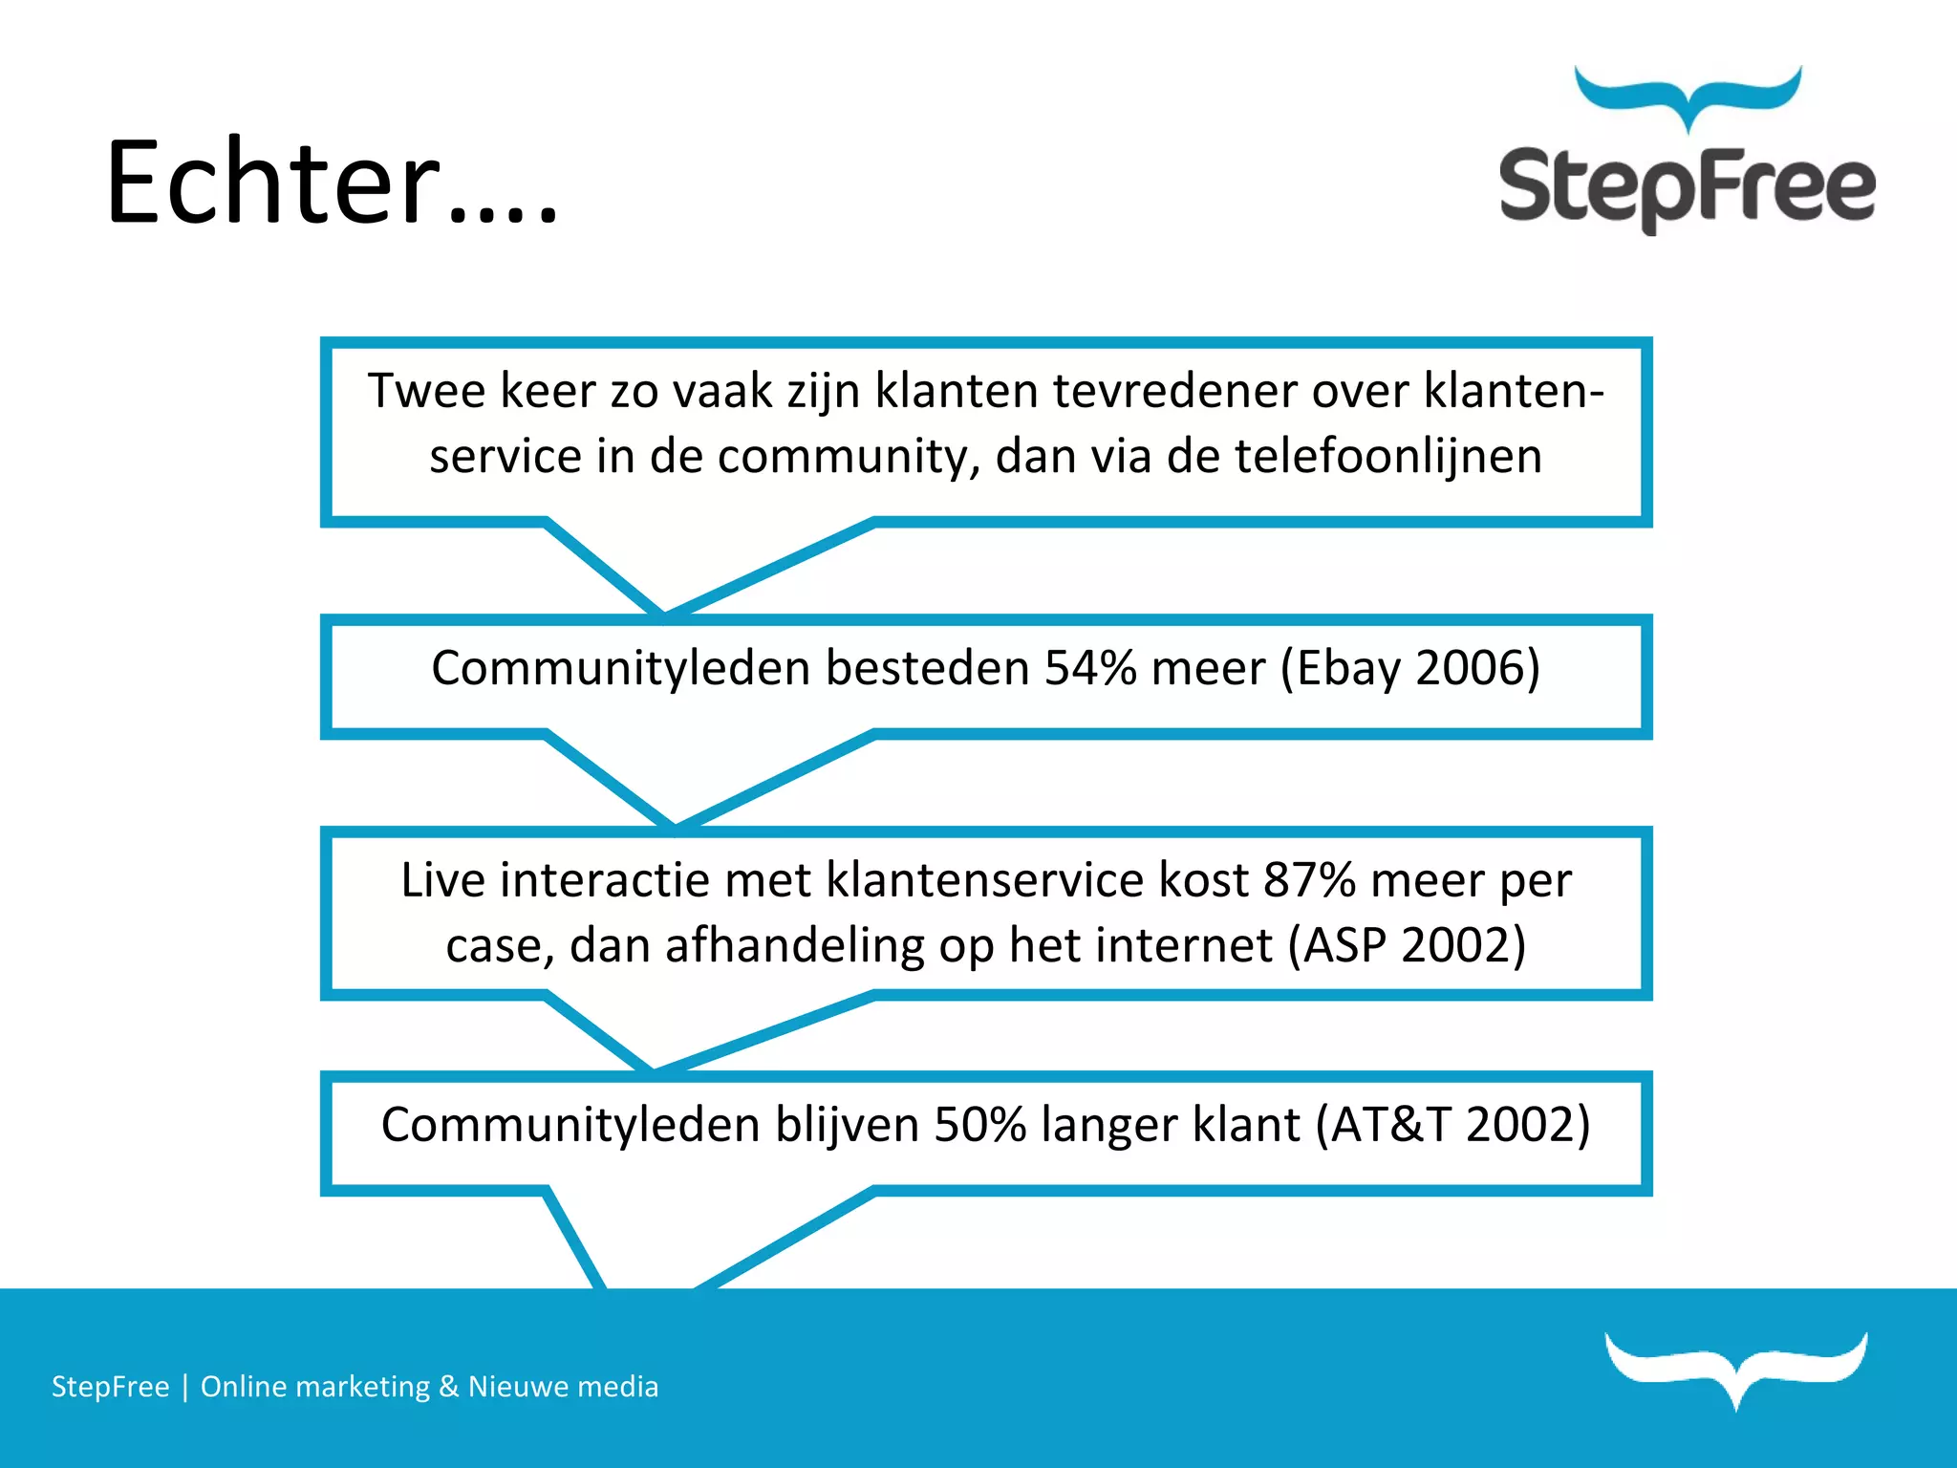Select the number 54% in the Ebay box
(1089, 667)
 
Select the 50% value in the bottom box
(979, 1124)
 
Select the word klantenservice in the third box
(984, 879)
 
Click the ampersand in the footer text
(448, 1386)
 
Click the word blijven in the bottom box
(847, 1124)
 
